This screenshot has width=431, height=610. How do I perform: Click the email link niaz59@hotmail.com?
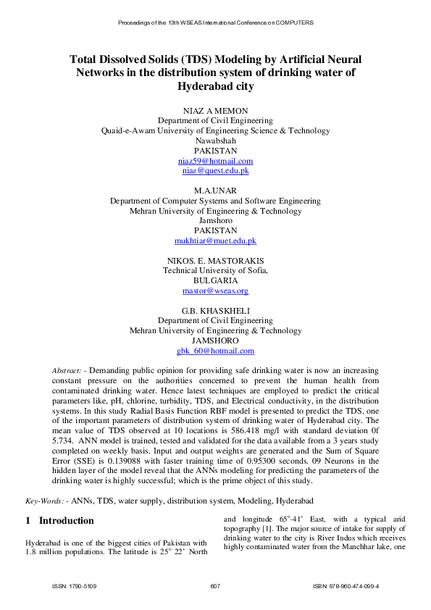tap(215, 161)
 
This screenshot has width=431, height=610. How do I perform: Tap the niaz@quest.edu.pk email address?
tap(215, 171)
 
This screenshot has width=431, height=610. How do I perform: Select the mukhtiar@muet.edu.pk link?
tap(215, 241)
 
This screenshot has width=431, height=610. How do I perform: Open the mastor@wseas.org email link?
tap(215, 291)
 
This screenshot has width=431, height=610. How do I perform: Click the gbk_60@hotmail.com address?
tap(215, 351)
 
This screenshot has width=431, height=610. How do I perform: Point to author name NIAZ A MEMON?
tap(215, 111)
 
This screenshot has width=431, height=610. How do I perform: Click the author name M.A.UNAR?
tap(215, 191)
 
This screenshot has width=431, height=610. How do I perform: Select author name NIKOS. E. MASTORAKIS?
tap(215, 260)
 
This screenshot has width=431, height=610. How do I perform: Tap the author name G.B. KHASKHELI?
tap(215, 310)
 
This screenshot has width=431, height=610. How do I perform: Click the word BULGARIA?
tap(215, 280)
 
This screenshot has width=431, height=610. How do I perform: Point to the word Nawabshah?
tap(215, 141)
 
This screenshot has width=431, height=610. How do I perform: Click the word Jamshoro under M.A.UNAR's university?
tap(215, 220)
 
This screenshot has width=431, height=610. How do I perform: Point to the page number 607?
tap(214, 585)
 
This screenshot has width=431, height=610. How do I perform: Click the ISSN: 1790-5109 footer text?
tap(75, 585)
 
